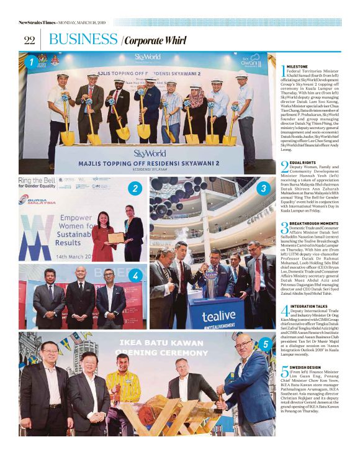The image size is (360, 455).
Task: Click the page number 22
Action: tap(29, 40)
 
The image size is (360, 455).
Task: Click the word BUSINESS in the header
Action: tap(83, 40)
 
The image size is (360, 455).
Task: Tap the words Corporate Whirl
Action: tap(155, 41)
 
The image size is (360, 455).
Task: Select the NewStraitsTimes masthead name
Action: tap(37, 23)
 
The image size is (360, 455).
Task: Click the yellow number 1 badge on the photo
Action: tap(31, 62)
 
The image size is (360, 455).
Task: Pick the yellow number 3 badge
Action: tap(264, 187)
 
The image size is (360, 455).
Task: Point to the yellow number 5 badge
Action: tap(265, 343)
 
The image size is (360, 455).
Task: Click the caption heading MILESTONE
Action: tap(299, 65)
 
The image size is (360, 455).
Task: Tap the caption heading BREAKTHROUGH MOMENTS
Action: tap(313, 223)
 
